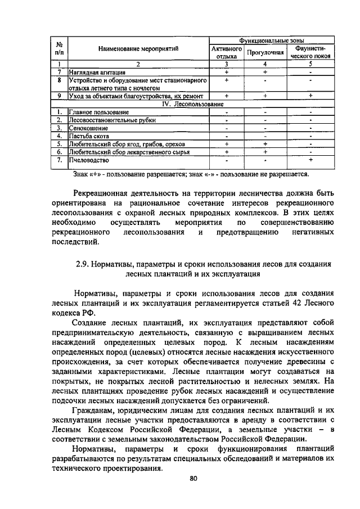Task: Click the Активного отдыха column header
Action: [226, 52]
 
